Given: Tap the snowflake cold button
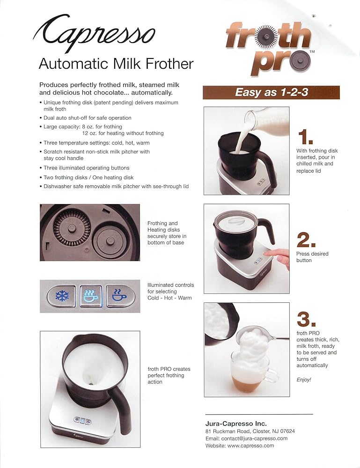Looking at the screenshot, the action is pyautogui.click(x=62, y=296).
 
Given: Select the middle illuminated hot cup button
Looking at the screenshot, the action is pyautogui.click(x=91, y=296).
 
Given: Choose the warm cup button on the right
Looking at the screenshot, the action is pyautogui.click(x=120, y=296).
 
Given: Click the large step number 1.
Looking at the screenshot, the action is pyautogui.click(x=305, y=138).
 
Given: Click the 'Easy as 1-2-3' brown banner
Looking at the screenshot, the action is pyautogui.click(x=271, y=92).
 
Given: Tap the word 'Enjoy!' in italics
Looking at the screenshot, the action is pyautogui.click(x=303, y=380).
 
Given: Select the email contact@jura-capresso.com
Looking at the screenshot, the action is pyautogui.click(x=246, y=439).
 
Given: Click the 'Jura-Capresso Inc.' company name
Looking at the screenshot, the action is pyautogui.click(x=236, y=424).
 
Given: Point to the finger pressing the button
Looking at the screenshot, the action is pyautogui.click(x=277, y=257).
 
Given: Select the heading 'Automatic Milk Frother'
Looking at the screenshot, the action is pyautogui.click(x=116, y=64).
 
